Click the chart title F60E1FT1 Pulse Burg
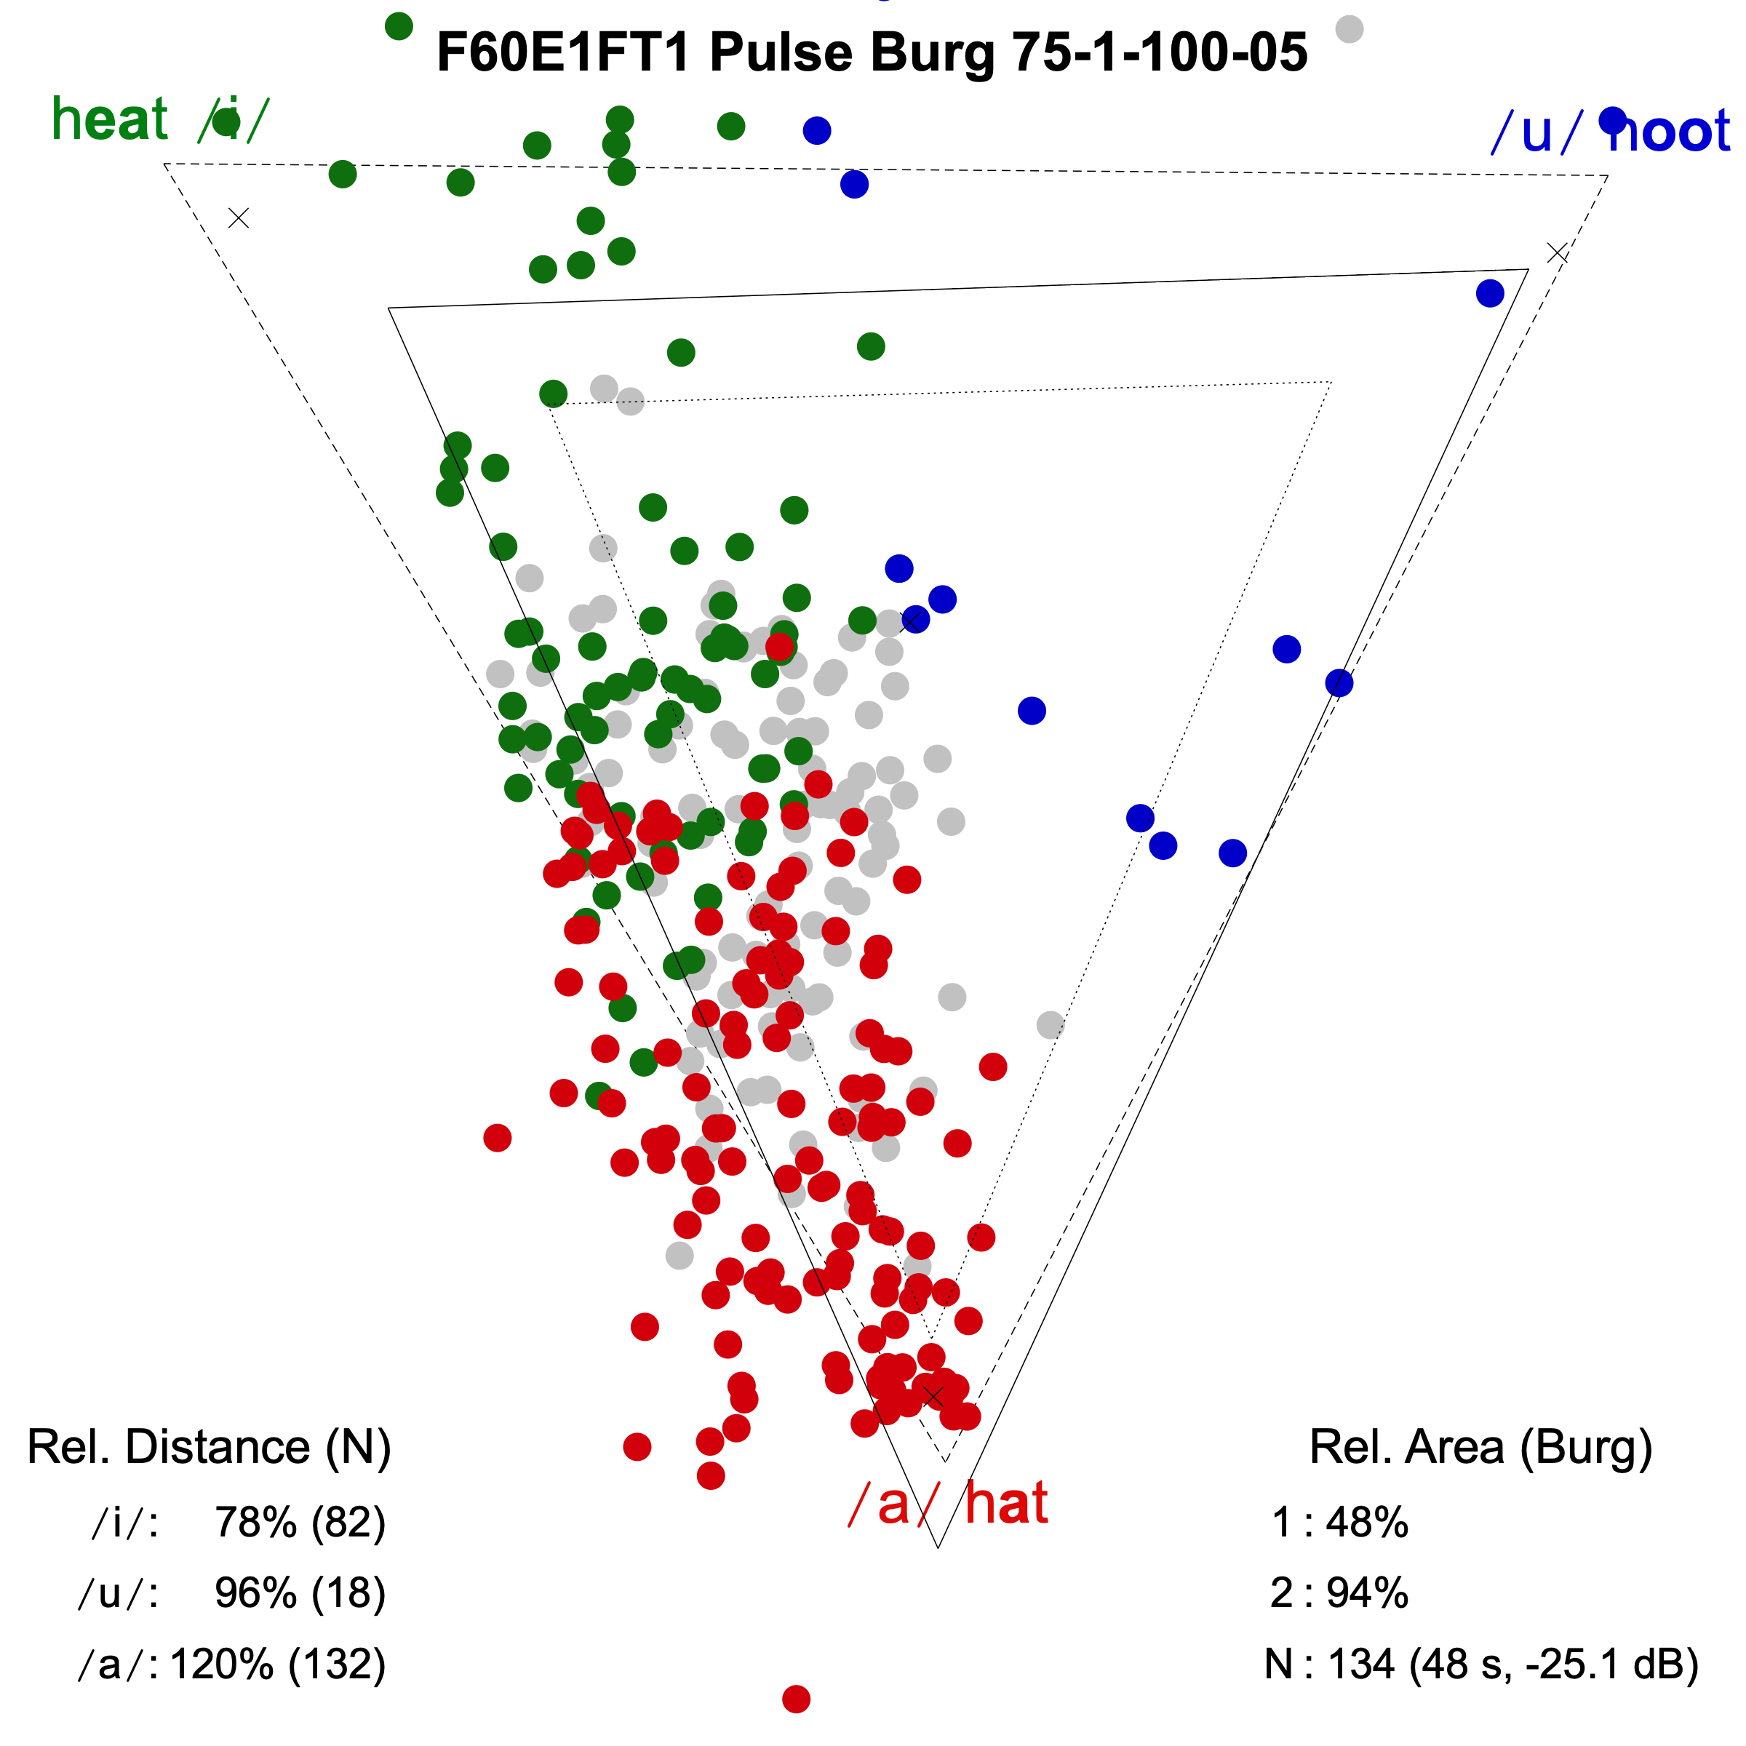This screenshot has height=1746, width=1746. click(872, 52)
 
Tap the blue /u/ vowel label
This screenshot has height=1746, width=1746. click(1536, 132)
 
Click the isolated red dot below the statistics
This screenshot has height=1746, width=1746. click(796, 1699)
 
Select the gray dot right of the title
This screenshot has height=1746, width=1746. click(1350, 29)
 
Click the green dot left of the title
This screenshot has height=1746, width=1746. click(399, 26)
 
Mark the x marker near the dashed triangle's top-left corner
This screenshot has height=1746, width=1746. click(239, 218)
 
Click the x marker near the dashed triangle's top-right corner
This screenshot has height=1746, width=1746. click(1557, 253)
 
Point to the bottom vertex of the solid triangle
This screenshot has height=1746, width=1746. click(938, 1547)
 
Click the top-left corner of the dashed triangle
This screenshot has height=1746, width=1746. click(164, 164)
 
